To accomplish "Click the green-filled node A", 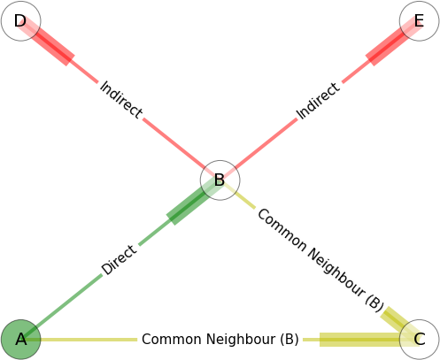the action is pos(20,340).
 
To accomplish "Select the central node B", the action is pos(220,180).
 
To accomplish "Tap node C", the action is pos(419,340).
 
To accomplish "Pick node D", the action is pos(20,21).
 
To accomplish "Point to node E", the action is pos(419,21).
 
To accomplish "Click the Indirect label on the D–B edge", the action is pos(121,100).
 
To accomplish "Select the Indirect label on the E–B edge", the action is pos(318,101).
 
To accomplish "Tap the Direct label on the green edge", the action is pos(120,260).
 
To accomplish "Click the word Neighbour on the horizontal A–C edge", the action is pos(241,339).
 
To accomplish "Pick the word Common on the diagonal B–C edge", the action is pos(282,230).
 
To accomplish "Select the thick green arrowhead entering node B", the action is pos(192,202).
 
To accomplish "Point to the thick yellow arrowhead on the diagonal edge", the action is pos(398,323).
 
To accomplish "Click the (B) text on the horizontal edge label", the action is pos(289,340).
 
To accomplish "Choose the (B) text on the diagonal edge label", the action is pos(374,303).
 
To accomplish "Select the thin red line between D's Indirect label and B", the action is pos(175,143).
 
